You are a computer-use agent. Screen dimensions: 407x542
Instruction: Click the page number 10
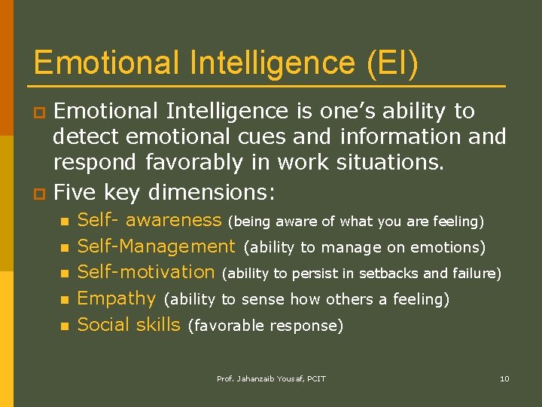click(x=504, y=378)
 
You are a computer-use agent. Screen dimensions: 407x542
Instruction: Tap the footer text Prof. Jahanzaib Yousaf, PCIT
click(x=271, y=378)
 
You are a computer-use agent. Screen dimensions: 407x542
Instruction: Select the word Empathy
click(x=116, y=298)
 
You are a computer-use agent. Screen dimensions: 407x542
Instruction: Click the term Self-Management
click(x=156, y=246)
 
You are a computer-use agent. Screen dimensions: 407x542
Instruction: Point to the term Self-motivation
click(x=146, y=272)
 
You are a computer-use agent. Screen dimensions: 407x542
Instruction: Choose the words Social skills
click(x=129, y=325)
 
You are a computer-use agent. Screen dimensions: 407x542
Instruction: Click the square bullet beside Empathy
click(x=65, y=300)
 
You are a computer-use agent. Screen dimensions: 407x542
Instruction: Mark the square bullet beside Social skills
click(x=65, y=326)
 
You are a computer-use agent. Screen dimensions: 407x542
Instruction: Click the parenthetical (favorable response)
click(x=266, y=326)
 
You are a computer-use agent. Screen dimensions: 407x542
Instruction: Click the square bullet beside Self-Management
click(x=65, y=247)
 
